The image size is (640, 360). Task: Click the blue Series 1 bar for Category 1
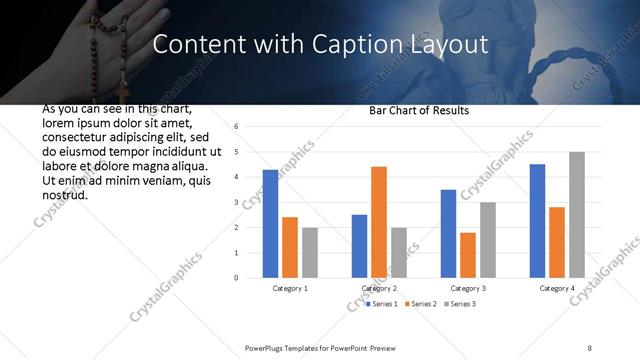271,224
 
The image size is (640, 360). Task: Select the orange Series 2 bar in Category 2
379,222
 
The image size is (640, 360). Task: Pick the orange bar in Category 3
468,255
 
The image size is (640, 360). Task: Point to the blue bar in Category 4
538,221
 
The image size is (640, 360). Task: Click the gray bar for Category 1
310,252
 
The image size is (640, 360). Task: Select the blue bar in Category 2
360,246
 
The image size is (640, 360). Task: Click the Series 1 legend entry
384,303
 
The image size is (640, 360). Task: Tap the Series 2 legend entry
421,303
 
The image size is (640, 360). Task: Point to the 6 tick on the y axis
236,127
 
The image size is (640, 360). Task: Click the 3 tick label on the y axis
236,202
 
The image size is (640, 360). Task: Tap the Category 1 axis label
290,288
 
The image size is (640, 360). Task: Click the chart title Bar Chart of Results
413,110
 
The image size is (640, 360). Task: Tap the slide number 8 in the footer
590,347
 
